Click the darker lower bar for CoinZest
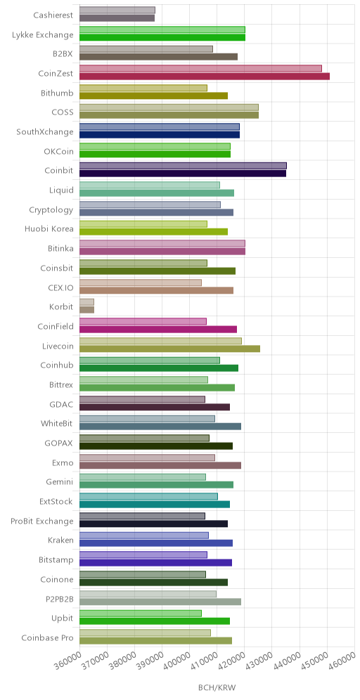click(205, 77)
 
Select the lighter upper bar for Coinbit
click(183, 166)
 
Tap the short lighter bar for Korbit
click(87, 302)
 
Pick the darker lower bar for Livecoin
click(169, 349)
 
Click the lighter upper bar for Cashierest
click(117, 10)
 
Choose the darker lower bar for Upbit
click(155, 621)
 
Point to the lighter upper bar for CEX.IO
click(141, 283)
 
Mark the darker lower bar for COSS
click(169, 115)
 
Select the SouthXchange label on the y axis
click(45, 131)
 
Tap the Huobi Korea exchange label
click(49, 228)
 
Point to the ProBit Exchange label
click(42, 521)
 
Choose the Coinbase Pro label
click(47, 637)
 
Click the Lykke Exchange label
click(43, 35)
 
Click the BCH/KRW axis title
click(217, 687)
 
